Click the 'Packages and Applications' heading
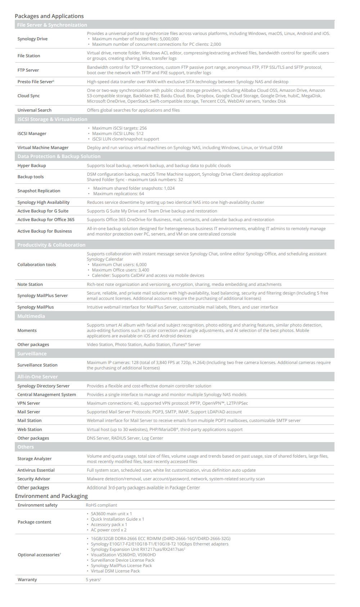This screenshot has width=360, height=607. click(49, 16)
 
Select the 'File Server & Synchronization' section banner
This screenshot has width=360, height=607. click(52, 25)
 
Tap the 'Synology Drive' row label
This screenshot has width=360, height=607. click(32, 39)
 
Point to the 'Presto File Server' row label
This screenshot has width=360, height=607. click(35, 82)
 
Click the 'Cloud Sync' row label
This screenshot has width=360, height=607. click(28, 96)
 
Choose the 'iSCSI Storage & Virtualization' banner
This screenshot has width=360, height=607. click(52, 119)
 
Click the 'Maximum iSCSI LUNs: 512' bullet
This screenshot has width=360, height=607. click(118, 134)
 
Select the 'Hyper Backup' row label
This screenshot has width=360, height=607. click(32, 166)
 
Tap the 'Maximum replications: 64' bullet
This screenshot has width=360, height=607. click(118, 194)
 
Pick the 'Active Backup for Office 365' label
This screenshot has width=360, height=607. click(46, 220)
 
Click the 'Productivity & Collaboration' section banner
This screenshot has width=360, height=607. click(51, 245)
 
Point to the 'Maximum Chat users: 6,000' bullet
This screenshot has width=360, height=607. click(119, 265)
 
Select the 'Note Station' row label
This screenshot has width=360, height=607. click(30, 284)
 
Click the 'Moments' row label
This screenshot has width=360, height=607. click(27, 331)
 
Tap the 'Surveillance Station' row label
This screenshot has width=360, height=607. click(37, 365)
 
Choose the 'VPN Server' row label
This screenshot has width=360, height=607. click(29, 403)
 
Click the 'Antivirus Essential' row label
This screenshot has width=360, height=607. click(36, 470)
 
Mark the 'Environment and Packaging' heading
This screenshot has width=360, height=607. click(51, 496)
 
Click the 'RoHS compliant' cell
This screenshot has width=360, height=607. click(101, 505)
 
